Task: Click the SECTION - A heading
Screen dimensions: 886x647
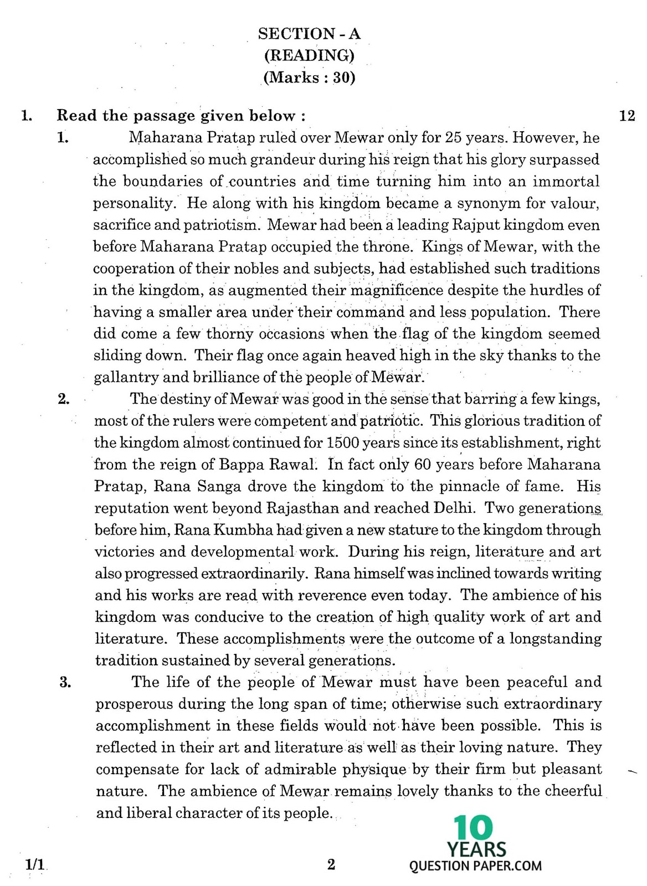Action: pyautogui.click(x=309, y=34)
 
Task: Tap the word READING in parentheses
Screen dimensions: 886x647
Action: pyautogui.click(x=309, y=55)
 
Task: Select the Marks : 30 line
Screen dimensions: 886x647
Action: pyautogui.click(x=309, y=77)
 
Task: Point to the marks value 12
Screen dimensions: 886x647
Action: pyautogui.click(x=627, y=116)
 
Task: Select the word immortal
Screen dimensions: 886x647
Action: pyautogui.click(x=566, y=182)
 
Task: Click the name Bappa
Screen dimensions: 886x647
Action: pyautogui.click(x=240, y=465)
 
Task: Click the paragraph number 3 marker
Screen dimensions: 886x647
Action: pyautogui.click(x=65, y=682)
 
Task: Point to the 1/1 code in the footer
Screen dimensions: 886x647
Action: pyautogui.click(x=34, y=865)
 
